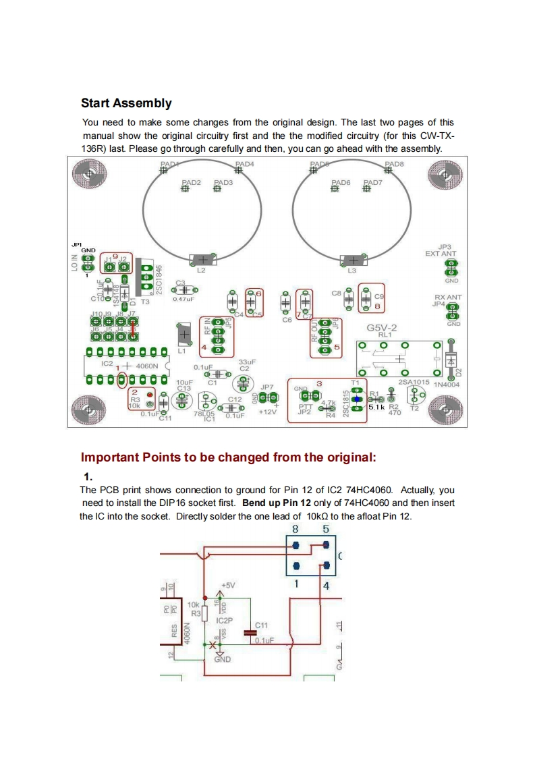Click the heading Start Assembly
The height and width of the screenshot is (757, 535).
pos(126,103)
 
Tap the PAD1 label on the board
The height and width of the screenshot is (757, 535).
pos(169,164)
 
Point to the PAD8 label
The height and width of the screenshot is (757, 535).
pos(394,164)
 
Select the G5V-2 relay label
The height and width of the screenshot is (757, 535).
pos(381,328)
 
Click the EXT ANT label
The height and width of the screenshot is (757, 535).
pos(441,253)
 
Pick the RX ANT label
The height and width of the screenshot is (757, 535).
pos(448,297)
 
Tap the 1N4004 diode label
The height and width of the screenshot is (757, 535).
pos(446,383)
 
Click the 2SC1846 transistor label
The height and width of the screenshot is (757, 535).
pos(159,278)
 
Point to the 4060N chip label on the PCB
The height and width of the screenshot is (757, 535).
pos(146,366)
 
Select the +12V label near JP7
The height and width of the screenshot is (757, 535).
pos(268,412)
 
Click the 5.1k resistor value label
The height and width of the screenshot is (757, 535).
pos(376,408)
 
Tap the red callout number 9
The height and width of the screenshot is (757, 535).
pos(115,257)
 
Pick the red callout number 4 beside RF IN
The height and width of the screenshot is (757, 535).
pos(204,347)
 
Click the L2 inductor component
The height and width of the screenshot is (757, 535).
pos(202,260)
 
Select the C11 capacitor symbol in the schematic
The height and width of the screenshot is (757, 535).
pos(249,632)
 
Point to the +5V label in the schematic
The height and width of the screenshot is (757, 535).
pos(229,585)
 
